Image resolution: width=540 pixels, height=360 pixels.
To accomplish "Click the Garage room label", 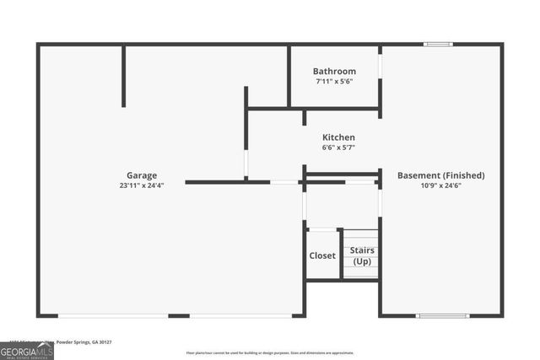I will pyautogui.click(x=142, y=175).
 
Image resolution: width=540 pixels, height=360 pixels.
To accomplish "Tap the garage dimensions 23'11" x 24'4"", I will pyautogui.click(x=142, y=185).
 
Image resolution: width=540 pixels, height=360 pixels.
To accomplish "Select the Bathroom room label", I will pyautogui.click(x=334, y=72).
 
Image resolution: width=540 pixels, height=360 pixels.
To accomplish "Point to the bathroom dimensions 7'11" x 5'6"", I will pyautogui.click(x=334, y=82).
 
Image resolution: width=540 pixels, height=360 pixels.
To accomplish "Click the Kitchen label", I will pyautogui.click(x=338, y=137).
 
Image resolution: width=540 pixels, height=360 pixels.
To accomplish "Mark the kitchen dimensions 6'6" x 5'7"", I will pyautogui.click(x=338, y=148).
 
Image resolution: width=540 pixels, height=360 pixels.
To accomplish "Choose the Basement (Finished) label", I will pyautogui.click(x=440, y=175).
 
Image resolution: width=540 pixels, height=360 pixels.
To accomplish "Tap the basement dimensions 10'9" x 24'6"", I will pyautogui.click(x=440, y=185).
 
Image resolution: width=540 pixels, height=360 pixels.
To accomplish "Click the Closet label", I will pyautogui.click(x=321, y=255).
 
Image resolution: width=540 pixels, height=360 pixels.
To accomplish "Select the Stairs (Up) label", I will pyautogui.click(x=362, y=255).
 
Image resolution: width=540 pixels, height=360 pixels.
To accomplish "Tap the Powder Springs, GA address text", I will pyautogui.click(x=84, y=342).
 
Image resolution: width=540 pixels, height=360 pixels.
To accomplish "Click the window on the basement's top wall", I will pyautogui.click(x=438, y=44).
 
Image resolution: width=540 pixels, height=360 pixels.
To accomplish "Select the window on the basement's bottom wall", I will pyautogui.click(x=442, y=316).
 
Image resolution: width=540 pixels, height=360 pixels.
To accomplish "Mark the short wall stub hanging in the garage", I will pyautogui.click(x=123, y=76).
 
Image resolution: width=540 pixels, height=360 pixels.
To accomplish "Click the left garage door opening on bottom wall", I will pyautogui.click(x=113, y=316).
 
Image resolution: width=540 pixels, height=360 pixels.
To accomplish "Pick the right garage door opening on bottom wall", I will pyautogui.click(x=240, y=316).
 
